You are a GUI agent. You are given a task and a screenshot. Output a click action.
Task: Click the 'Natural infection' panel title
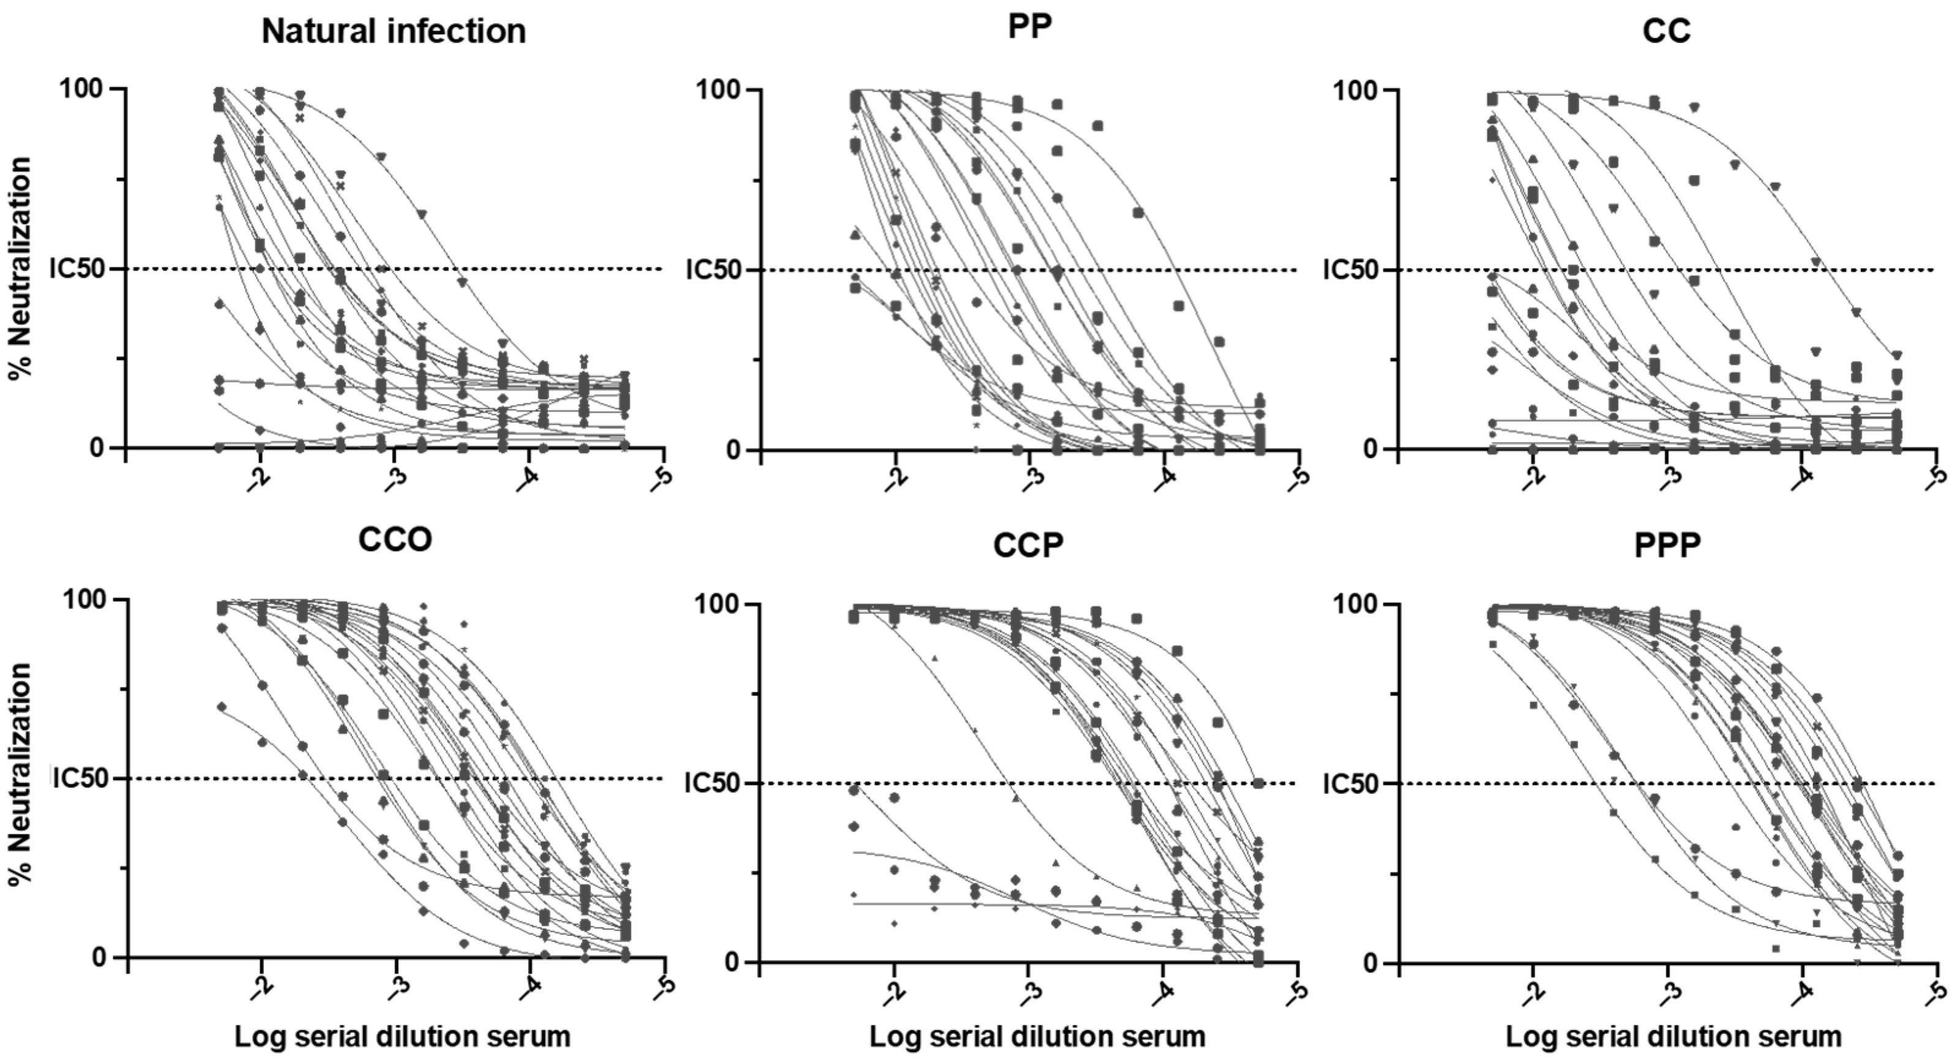click(393, 32)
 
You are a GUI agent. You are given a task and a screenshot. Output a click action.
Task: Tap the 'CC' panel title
click(1666, 31)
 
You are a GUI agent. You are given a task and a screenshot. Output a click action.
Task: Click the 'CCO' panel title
click(395, 540)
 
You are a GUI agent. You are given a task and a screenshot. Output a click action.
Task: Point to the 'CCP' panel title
click(1028, 545)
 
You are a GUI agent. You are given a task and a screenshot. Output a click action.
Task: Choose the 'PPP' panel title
click(1667, 545)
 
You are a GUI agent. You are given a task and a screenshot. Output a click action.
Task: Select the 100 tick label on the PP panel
click(720, 91)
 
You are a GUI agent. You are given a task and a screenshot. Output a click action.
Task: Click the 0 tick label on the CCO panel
click(98, 957)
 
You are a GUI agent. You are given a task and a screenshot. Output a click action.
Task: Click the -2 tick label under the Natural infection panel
click(258, 477)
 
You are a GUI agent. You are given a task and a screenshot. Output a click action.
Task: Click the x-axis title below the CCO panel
click(402, 1037)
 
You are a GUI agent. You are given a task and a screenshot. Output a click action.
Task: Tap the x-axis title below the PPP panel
click(1673, 1037)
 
